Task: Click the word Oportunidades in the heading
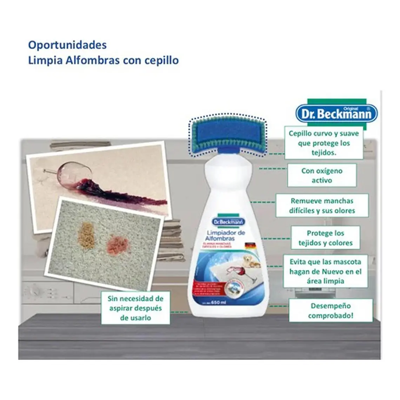click(67, 45)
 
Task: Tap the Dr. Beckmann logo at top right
click(336, 114)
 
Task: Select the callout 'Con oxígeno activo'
click(322, 175)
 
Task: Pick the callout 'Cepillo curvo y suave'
click(324, 143)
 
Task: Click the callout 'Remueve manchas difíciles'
click(322, 206)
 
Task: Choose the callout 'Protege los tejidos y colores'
click(325, 238)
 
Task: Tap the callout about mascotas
click(325, 271)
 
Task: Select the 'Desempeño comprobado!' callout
click(331, 311)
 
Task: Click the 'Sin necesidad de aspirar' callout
click(135, 308)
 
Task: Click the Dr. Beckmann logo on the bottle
click(228, 222)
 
